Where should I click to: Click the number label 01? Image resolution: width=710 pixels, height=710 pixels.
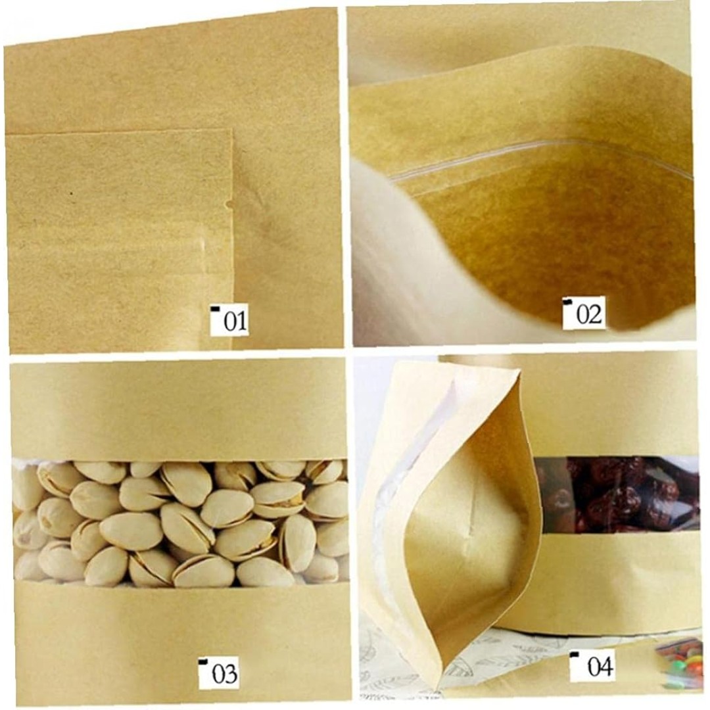pos(235,321)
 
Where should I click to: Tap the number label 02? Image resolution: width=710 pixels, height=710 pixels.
pos(588,314)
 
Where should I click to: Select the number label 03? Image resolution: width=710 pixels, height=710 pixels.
pos(224,673)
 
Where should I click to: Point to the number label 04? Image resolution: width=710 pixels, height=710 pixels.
pos(600,666)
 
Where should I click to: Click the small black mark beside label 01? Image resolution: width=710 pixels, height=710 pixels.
pos(216,309)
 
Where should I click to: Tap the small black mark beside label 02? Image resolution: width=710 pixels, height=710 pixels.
pos(567,300)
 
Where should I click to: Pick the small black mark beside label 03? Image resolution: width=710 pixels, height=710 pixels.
pos(203,661)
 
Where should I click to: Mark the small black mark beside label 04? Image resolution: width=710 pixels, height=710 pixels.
pos(575,654)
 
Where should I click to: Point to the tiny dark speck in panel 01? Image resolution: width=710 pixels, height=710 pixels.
pos(71,194)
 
